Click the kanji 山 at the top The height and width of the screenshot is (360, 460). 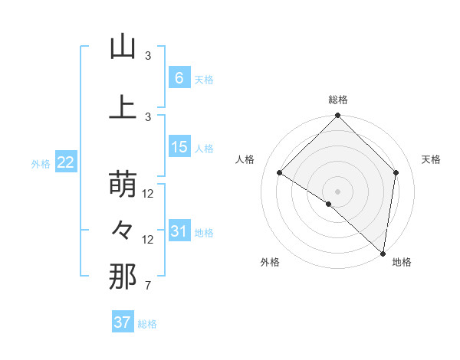[123, 47]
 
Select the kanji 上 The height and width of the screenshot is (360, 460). [123, 107]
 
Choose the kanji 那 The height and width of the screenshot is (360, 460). [123, 277]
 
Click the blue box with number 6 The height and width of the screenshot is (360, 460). [179, 78]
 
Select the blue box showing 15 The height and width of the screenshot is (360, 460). [179, 147]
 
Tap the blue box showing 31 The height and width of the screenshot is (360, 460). [179, 231]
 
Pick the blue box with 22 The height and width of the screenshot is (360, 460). [65, 162]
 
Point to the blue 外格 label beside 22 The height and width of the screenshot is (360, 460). [41, 163]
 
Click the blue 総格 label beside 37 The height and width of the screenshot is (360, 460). [147, 324]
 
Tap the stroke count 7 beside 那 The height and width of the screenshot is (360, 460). [147, 286]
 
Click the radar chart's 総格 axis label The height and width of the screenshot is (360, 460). [337, 100]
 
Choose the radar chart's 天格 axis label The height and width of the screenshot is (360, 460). [431, 159]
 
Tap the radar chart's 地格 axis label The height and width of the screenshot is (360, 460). [402, 262]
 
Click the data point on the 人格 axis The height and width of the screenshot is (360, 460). [280, 173]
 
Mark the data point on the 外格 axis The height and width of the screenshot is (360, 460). [329, 204]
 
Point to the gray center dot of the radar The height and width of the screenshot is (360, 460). [337, 191]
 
